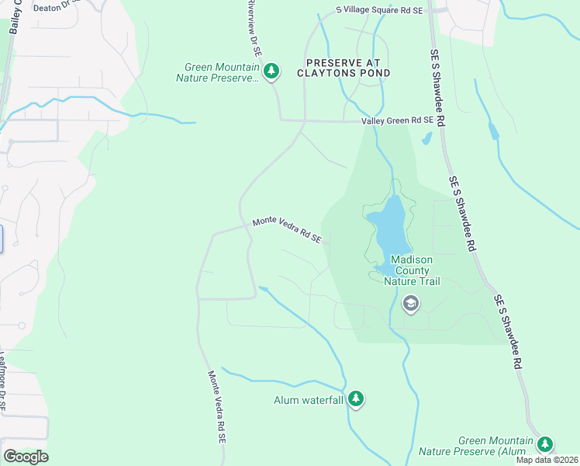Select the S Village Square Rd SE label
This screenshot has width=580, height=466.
378,10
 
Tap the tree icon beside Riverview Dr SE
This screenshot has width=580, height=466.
271,72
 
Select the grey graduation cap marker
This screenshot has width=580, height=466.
410,304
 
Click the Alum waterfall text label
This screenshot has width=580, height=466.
308,401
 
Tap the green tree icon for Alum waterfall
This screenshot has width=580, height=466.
355,398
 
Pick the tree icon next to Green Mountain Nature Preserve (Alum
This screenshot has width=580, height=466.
546,444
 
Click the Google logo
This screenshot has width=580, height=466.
25,456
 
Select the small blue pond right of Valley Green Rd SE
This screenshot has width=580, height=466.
426,139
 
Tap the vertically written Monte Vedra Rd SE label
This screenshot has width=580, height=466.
216,406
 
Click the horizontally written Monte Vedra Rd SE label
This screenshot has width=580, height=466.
286,231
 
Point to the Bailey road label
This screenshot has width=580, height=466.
15,17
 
